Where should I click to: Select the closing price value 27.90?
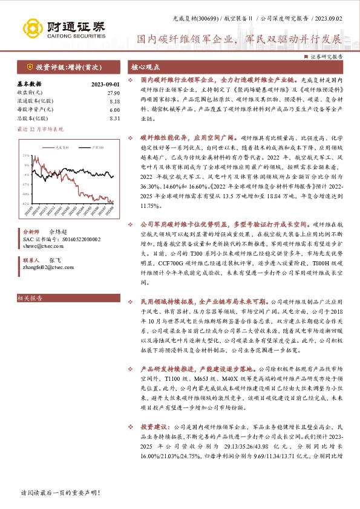click(113, 92)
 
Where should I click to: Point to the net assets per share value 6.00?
click(114, 109)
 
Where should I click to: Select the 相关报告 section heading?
click(30, 298)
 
